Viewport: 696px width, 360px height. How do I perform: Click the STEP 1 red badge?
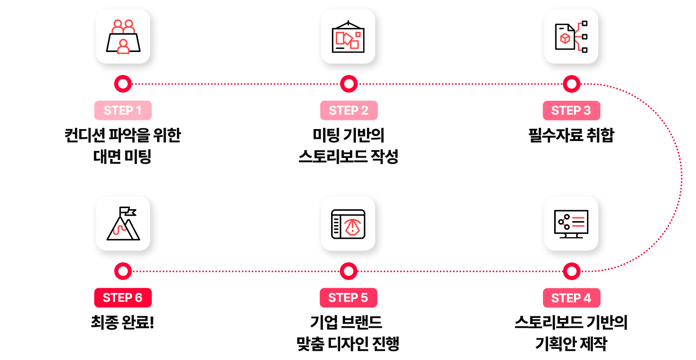123,111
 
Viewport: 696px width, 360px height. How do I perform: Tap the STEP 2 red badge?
349,111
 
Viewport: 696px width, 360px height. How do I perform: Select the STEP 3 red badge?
571,111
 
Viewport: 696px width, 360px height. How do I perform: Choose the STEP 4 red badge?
571,298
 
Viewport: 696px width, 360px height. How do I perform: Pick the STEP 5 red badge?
348,298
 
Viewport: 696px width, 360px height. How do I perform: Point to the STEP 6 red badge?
123,298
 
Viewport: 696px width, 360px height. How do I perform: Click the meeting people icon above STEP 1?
123,37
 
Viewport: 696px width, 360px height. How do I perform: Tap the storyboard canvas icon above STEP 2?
348,37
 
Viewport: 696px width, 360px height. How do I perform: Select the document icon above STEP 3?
571,37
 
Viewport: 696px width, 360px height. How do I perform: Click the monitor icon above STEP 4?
571,224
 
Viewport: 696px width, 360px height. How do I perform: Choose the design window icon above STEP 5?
348,224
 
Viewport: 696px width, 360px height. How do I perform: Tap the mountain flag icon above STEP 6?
123,224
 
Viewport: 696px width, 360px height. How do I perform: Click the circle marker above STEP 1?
123,84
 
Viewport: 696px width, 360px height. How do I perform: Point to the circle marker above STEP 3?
571,84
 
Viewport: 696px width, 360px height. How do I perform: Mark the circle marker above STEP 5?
348,271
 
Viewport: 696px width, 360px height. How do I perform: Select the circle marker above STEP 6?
123,271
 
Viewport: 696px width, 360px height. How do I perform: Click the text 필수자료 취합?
571,135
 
